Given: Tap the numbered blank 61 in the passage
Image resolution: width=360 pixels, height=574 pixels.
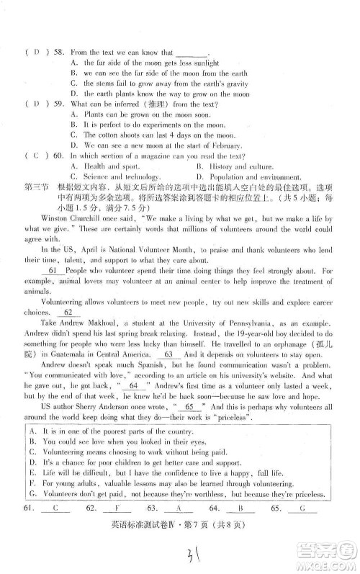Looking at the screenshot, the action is pos(52,270).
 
